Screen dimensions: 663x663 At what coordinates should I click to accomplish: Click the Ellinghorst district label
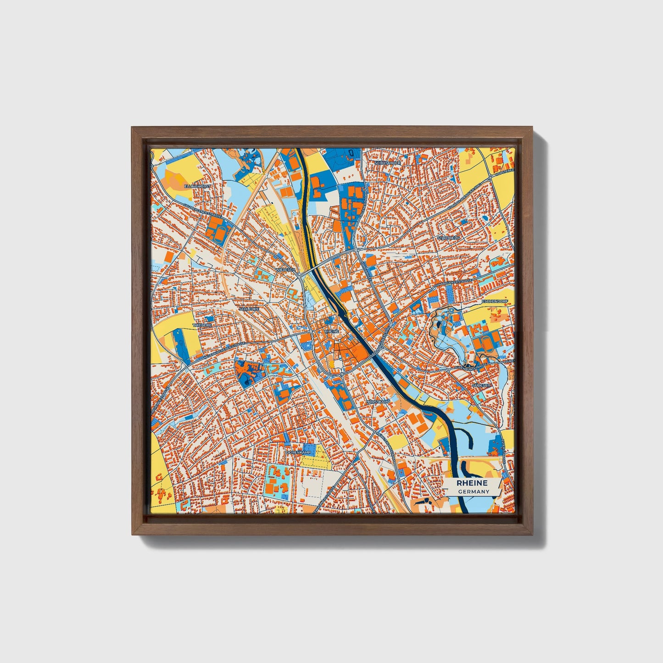197,187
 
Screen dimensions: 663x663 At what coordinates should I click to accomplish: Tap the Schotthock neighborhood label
388,163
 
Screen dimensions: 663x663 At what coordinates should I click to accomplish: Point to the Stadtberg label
448,238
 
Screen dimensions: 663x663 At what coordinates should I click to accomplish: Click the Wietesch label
285,270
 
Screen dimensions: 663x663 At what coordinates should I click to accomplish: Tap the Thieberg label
204,324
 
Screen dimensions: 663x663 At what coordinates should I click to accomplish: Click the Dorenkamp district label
299,452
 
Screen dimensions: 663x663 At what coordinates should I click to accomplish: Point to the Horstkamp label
379,402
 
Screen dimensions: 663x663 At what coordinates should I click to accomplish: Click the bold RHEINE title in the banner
472,483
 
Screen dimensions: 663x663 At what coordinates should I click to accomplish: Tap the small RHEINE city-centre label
331,331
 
